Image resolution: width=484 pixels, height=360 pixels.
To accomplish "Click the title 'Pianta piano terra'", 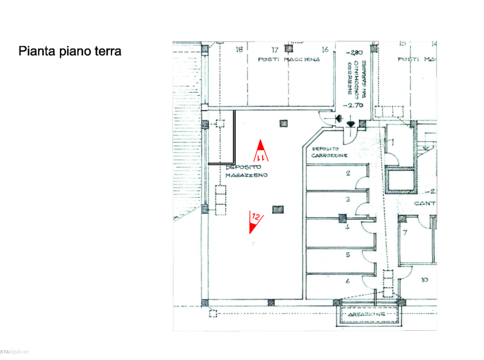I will pos(70,51).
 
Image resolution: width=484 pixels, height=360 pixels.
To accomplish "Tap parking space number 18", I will pos(239,49).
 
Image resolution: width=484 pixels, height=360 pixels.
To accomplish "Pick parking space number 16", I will pos(325,49).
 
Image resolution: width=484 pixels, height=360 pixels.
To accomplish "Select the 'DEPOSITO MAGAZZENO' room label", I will pos(247,171).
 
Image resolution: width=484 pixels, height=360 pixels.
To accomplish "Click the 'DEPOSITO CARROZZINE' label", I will pos(330,152).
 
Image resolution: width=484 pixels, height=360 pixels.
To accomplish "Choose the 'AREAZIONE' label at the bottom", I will pos(366,314).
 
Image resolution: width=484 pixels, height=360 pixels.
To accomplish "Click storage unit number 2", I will pos(348,175).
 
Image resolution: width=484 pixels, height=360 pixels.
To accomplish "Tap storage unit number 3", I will pos(348,200).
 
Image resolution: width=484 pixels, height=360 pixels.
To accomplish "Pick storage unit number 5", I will pos(348,255).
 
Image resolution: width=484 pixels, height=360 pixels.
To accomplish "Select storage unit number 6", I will pos(348,282).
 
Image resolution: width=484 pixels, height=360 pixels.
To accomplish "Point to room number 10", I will pos(424,280).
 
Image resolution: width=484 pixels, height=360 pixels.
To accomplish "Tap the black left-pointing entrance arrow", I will pos(338,117).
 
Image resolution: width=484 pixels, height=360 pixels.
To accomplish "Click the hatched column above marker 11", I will pos(283,124).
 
